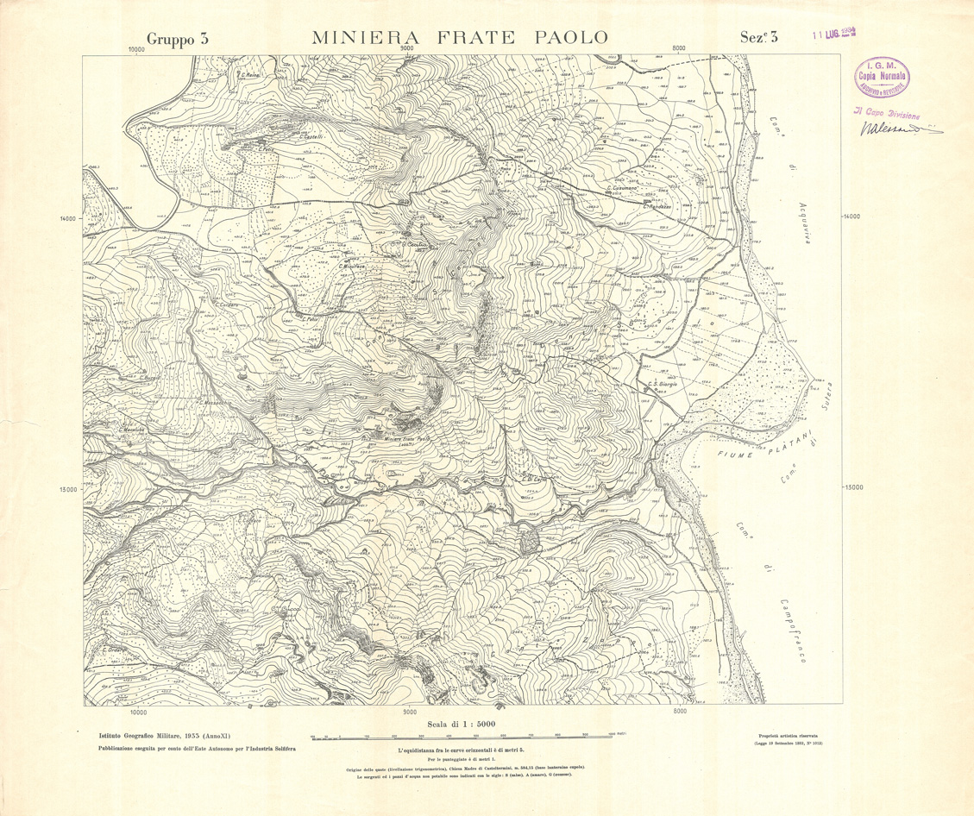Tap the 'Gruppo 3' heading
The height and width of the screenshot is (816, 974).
pyautogui.click(x=178, y=38)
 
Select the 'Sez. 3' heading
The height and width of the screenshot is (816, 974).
pyautogui.click(x=759, y=37)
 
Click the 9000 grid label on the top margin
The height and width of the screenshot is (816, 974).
pyautogui.click(x=408, y=49)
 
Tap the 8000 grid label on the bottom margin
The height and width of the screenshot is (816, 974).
pyautogui.click(x=681, y=712)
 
